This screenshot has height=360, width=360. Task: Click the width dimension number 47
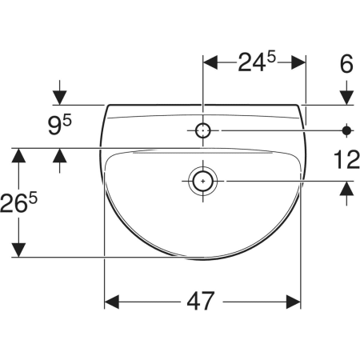click(x=201, y=301)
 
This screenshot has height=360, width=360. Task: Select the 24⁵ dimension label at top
click(x=257, y=62)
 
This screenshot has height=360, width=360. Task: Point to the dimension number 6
click(x=346, y=64)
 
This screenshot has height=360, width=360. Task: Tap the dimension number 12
click(x=346, y=159)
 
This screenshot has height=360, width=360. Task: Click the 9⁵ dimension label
click(x=60, y=124)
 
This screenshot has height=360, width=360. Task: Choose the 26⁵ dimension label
click(x=18, y=202)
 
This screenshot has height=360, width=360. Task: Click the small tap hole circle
click(x=203, y=130)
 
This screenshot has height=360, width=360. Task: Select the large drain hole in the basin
click(x=203, y=181)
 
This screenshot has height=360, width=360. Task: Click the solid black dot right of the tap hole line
click(x=346, y=130)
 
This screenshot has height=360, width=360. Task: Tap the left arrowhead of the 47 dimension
click(x=112, y=302)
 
